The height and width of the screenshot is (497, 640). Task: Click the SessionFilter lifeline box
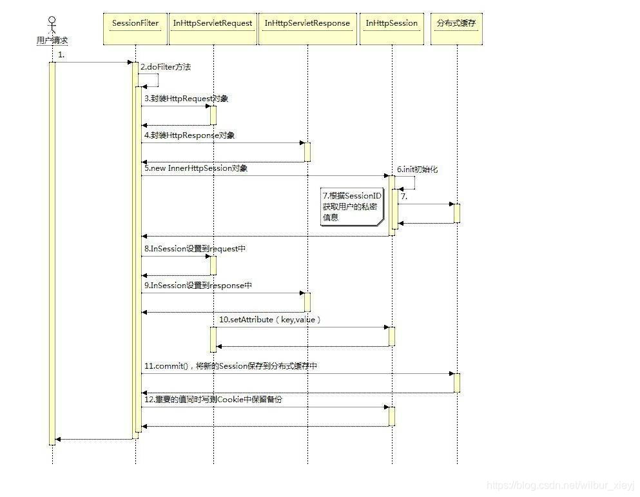(135, 24)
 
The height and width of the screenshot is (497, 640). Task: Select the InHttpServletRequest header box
(213, 24)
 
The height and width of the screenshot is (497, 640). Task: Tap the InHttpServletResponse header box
(307, 24)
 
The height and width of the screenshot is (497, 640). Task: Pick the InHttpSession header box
(392, 24)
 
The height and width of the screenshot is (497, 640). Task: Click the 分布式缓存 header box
(457, 24)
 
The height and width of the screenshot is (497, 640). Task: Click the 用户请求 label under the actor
(52, 41)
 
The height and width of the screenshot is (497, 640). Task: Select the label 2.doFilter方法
(166, 67)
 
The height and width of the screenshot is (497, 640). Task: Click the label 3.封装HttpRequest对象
(186, 99)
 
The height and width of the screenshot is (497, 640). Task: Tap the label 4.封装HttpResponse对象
(189, 135)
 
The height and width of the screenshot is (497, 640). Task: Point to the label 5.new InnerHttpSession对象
(196, 168)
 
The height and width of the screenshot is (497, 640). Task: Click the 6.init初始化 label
(417, 169)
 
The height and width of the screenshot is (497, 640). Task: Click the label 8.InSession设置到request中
(195, 248)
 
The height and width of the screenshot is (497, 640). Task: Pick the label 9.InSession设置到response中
(198, 285)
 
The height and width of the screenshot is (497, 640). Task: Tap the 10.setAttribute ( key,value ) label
(270, 319)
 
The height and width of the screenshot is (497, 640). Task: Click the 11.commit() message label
(230, 365)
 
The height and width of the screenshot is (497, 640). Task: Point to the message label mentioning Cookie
(213, 400)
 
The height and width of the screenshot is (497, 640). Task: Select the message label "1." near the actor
(61, 55)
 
